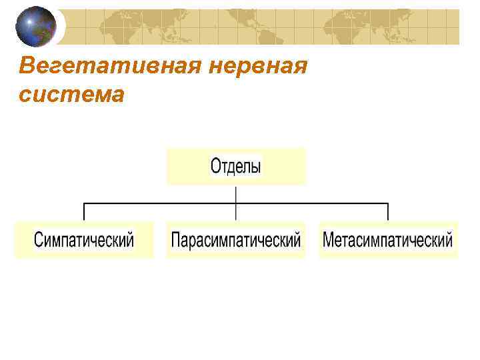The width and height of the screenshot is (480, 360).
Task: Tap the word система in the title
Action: tap(71, 95)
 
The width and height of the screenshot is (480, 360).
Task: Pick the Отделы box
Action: tap(236, 166)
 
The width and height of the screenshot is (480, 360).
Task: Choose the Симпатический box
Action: tap(84, 239)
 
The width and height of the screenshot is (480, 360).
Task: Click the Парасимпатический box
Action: tap(236, 239)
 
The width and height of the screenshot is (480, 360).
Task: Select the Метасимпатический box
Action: tap(388, 239)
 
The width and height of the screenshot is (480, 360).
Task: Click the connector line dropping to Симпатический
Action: tap(83, 211)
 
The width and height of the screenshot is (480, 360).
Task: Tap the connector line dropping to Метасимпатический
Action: tap(388, 211)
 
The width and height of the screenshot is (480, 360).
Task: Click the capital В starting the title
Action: tap(27, 67)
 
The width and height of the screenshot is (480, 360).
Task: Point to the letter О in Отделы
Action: tap(216, 165)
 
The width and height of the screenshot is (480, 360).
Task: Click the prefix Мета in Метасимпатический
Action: tap(337, 239)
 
